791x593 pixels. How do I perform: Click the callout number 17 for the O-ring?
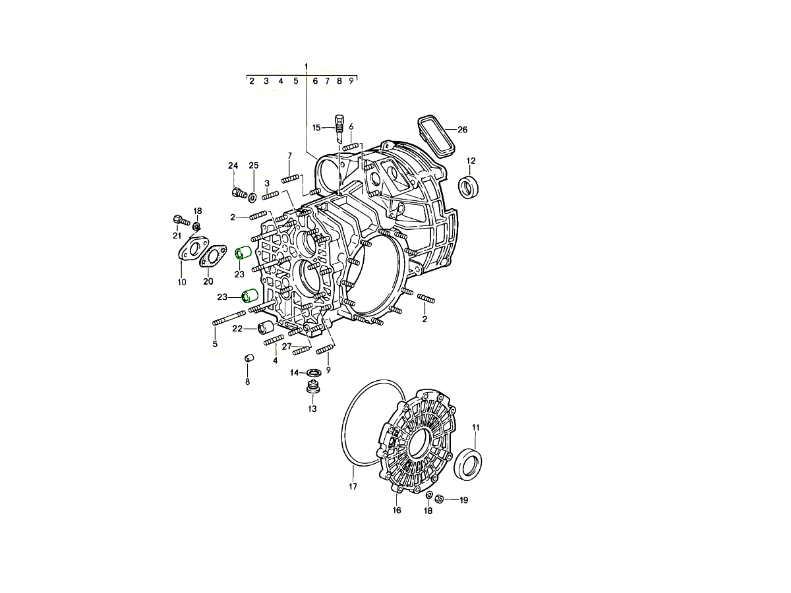[x=353, y=486]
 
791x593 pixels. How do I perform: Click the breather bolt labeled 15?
[x=339, y=128]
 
